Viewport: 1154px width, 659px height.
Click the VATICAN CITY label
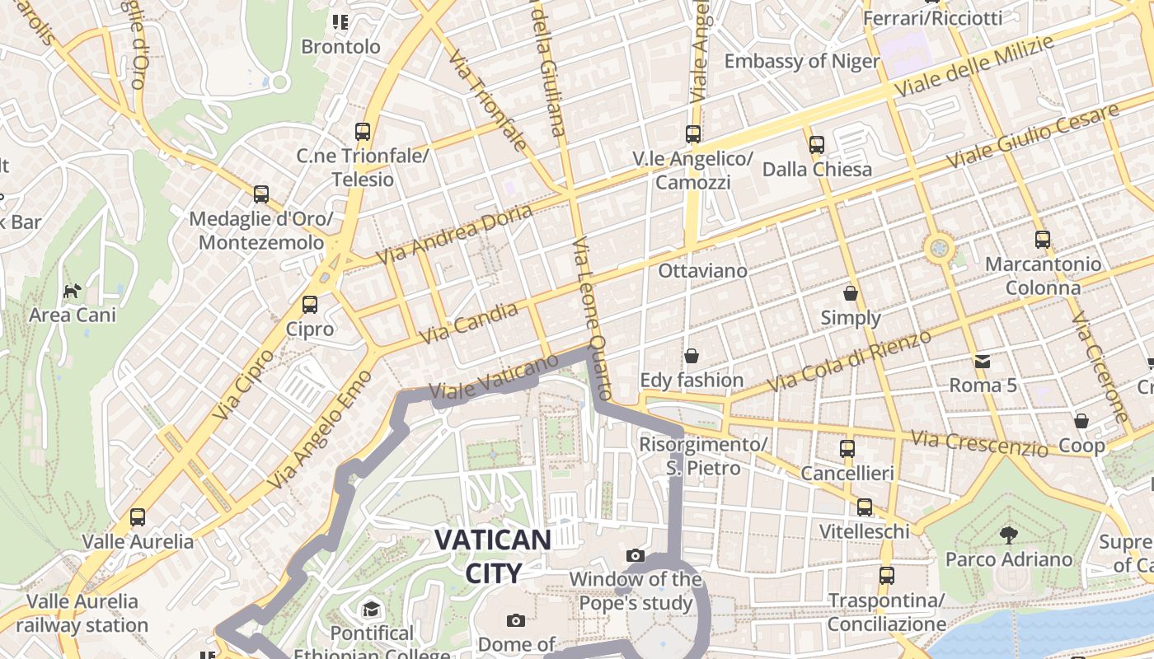[x=493, y=556]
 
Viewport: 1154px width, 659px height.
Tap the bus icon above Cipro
[x=310, y=305]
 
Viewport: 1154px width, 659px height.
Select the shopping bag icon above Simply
[x=851, y=293]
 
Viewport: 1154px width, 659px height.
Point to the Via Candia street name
[x=468, y=323]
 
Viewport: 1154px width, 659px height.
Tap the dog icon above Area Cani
[x=73, y=291]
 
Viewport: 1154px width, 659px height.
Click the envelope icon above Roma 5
[x=983, y=361]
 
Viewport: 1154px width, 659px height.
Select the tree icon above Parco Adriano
[x=1008, y=535]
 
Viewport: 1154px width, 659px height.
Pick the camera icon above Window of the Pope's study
[x=635, y=555]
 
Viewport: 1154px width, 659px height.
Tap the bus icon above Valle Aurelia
[x=138, y=517]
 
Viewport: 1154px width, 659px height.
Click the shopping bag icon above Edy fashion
[x=692, y=356]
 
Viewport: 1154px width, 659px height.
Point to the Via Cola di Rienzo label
[x=849, y=361]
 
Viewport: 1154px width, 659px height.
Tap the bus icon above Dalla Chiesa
[x=817, y=145]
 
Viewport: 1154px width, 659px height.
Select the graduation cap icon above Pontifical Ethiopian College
[x=371, y=610]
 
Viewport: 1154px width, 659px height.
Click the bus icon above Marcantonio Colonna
[x=1043, y=240]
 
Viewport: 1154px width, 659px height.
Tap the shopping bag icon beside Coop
[x=1081, y=421]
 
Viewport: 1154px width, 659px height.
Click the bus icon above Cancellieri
[x=847, y=449]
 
